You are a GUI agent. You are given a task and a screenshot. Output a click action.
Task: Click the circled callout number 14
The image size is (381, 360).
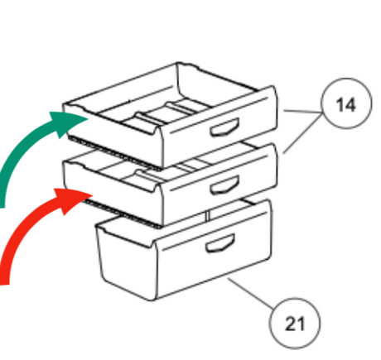coord(346,103)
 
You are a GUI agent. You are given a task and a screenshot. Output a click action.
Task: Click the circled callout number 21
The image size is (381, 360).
coord(295,323)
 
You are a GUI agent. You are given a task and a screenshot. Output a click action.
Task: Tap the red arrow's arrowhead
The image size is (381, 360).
coord(72,200)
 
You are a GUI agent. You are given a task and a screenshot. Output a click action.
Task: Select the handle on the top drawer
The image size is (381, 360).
coord(224,127)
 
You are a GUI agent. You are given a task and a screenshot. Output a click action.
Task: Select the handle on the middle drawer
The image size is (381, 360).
coord(224,185)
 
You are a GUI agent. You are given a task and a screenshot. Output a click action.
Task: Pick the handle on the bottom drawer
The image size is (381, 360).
coord(220,243)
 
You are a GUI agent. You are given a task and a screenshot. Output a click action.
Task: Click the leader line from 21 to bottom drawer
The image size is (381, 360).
coord(250,292)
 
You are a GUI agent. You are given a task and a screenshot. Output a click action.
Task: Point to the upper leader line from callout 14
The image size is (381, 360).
coord(303,112)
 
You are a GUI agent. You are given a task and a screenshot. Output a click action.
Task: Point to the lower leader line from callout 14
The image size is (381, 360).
coord(302,133)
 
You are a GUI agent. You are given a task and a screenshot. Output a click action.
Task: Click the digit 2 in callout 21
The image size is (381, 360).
coord(290,324)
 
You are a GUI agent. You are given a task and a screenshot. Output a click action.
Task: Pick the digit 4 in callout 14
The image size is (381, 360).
coord(350,105)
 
